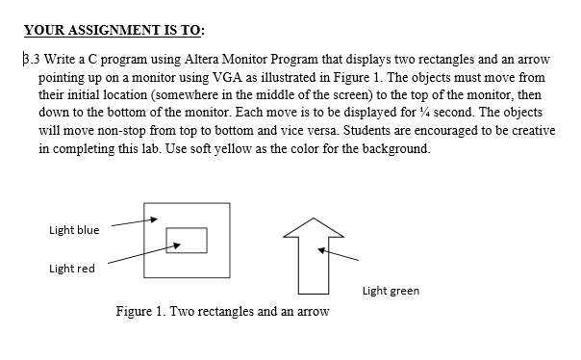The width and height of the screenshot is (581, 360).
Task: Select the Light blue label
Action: coord(74,229)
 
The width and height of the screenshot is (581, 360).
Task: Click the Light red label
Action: coord(72,269)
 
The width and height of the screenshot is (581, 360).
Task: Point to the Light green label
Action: coord(391,291)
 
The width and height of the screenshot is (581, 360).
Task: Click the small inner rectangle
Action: coord(187,240)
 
